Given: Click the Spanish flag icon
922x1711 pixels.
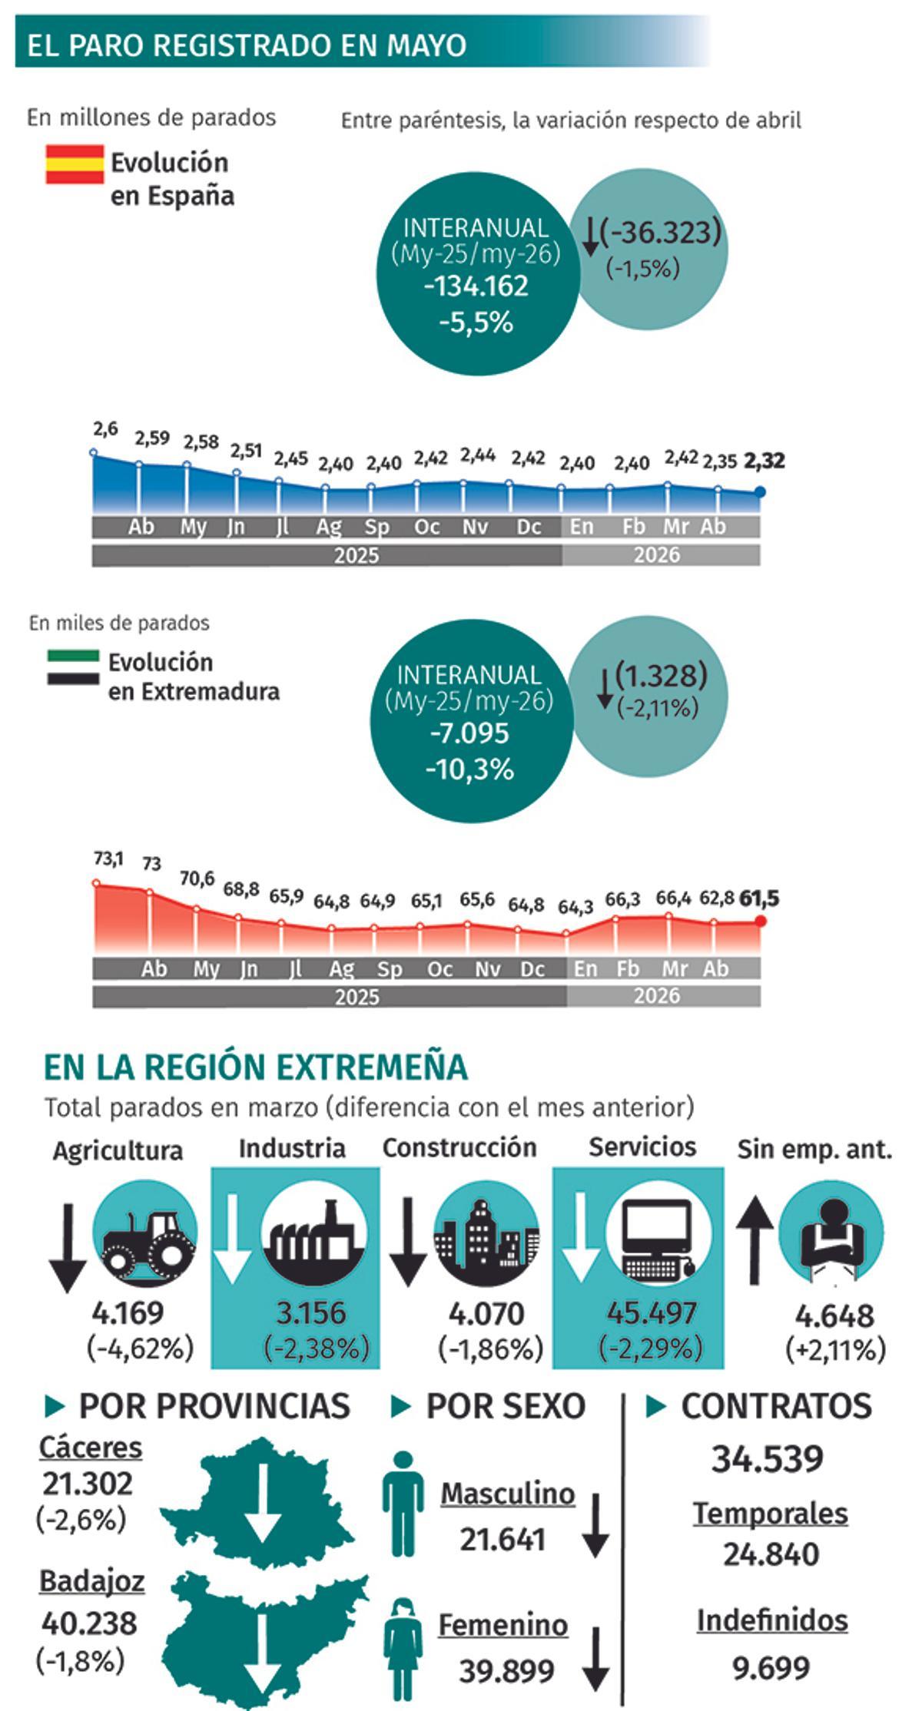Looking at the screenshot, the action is coord(75,164).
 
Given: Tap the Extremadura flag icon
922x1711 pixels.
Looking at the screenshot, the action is coord(73,667).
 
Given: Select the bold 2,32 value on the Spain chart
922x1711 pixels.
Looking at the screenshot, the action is coord(765,461).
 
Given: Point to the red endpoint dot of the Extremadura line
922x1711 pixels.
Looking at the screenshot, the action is coord(761,922).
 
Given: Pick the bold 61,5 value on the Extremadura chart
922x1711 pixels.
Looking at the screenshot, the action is coord(758,898).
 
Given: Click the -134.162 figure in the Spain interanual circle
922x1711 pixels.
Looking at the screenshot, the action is coord(476,286).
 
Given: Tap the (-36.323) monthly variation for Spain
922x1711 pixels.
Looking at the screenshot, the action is coord(661,232).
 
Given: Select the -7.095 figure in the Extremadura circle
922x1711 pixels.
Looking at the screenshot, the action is coord(469,733).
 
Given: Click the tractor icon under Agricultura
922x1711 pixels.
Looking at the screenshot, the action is coord(145,1234).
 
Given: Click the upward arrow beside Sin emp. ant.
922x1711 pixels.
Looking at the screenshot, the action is coord(755,1243).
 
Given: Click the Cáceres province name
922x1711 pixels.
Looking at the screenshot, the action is coord(91,1448).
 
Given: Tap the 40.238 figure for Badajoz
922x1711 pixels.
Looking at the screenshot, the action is coord(89,1623).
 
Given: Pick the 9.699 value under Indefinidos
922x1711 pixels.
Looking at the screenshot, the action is coord(771,1667).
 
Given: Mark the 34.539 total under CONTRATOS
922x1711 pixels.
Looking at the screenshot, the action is coord(768,1458).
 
